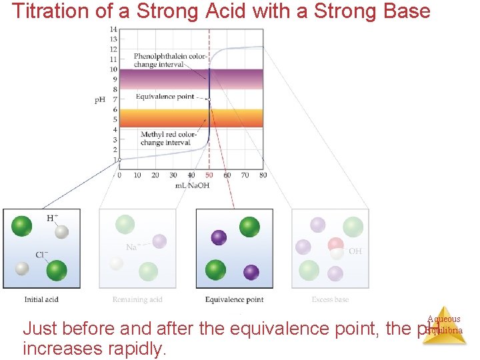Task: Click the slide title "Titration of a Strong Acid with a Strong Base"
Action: pos(221,11)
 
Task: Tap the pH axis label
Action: pos(99,100)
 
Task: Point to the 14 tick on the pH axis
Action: pos(113,29)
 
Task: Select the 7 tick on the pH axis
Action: pos(115,99)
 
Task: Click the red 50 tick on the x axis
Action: pos(209,175)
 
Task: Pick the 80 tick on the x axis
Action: pos(263,175)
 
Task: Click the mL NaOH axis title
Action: pos(192,185)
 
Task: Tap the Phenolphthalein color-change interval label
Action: pos(169,60)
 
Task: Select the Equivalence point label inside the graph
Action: pos(165,97)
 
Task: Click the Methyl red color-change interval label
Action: pos(168,139)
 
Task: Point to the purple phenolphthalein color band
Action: pos(167,79)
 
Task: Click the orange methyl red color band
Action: pos(167,117)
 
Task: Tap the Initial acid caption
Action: pos(41,299)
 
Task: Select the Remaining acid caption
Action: pos(137,299)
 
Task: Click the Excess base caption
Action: pos(330,299)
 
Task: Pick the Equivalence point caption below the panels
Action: pos(234,299)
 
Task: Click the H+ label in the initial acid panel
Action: pos(52,218)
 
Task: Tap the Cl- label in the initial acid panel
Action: pos(41,255)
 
